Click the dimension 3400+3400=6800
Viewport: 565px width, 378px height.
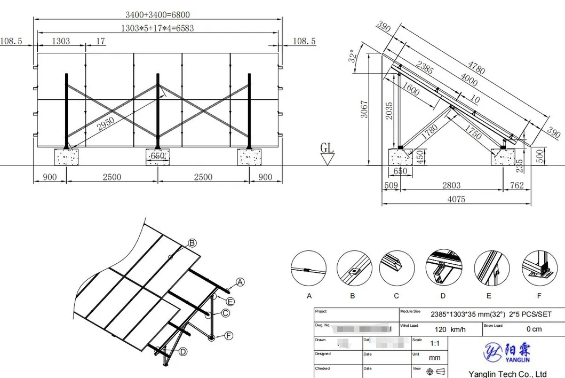coord(157,14)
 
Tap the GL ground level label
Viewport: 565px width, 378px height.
coord(327,147)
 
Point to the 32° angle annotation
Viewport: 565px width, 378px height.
coord(352,57)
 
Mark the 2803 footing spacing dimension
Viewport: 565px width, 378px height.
coord(451,185)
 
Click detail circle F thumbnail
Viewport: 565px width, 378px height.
coord(539,266)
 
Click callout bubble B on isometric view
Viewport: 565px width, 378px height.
coord(192,243)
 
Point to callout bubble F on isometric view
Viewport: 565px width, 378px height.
coord(229,335)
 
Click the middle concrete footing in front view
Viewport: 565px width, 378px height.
coord(157,156)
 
